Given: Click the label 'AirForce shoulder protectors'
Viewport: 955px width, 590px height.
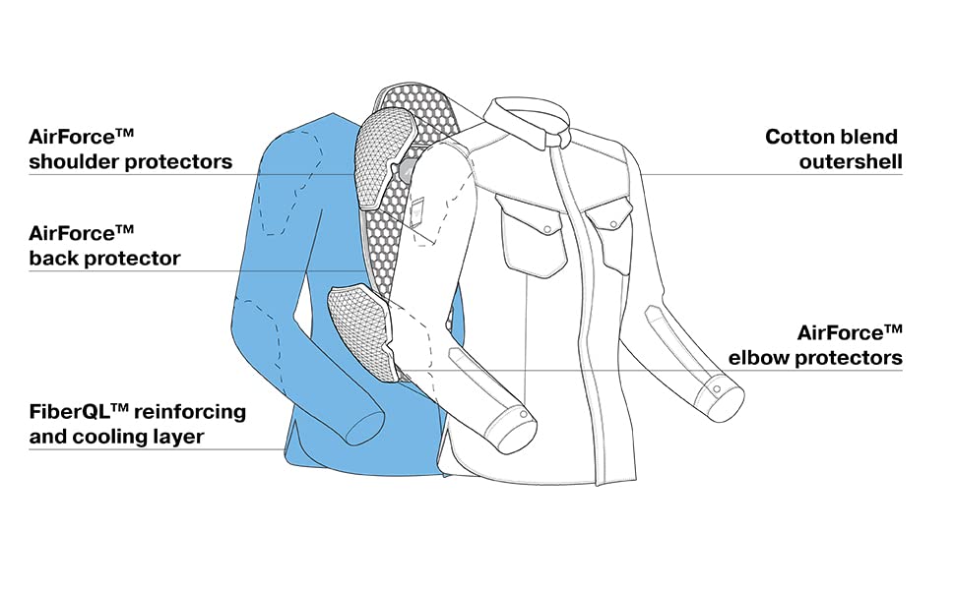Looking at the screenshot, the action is coord(130,149).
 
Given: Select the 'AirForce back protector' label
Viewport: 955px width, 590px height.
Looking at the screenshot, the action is coord(104,247).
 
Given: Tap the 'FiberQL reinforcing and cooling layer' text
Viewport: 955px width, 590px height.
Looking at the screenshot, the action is coord(138,424).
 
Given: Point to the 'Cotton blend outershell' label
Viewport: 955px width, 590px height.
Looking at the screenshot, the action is coord(833,149).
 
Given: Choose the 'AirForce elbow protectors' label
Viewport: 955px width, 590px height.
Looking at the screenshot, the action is coord(815,345).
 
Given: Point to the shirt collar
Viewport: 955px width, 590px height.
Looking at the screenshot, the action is coord(528,122).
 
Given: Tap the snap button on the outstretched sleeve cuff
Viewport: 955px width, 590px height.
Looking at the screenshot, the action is coord(717,389).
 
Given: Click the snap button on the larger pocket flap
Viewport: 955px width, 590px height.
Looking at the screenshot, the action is coord(547,229).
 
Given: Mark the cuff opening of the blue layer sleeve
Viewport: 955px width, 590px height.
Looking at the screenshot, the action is coord(365,427).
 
